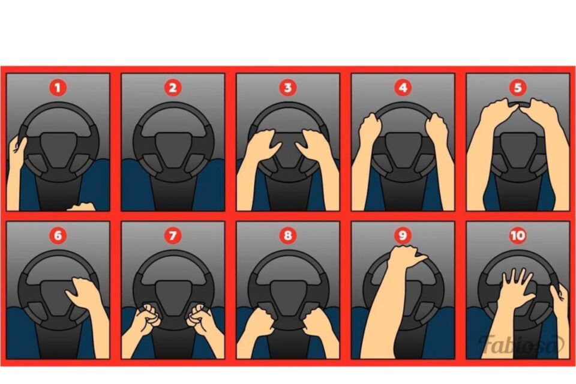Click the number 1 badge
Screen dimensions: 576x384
[58, 88]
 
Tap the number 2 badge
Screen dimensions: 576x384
[173, 88]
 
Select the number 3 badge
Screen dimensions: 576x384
[287, 88]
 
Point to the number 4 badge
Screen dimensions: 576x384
[403, 88]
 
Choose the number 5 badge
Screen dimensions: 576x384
[518, 88]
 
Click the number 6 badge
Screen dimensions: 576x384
[58, 235]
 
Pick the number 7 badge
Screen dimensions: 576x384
[173, 235]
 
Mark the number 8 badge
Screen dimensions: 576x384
[287, 235]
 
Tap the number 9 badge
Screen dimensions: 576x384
[403, 235]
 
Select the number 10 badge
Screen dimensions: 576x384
[518, 235]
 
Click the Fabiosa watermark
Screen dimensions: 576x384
[521, 344]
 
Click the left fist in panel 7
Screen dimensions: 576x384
[147, 316]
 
